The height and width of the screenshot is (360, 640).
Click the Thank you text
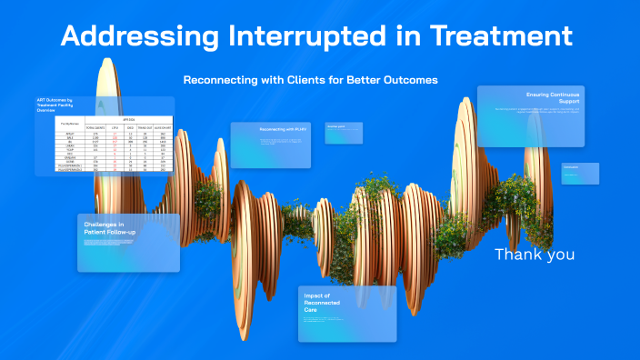tap(534, 255)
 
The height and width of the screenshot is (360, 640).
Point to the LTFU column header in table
tap(115, 127)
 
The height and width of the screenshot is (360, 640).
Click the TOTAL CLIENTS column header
tap(95, 127)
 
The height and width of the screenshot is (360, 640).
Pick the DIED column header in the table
tap(130, 127)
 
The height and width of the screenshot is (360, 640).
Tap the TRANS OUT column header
tap(145, 127)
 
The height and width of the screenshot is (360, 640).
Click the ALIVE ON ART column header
tap(164, 127)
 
